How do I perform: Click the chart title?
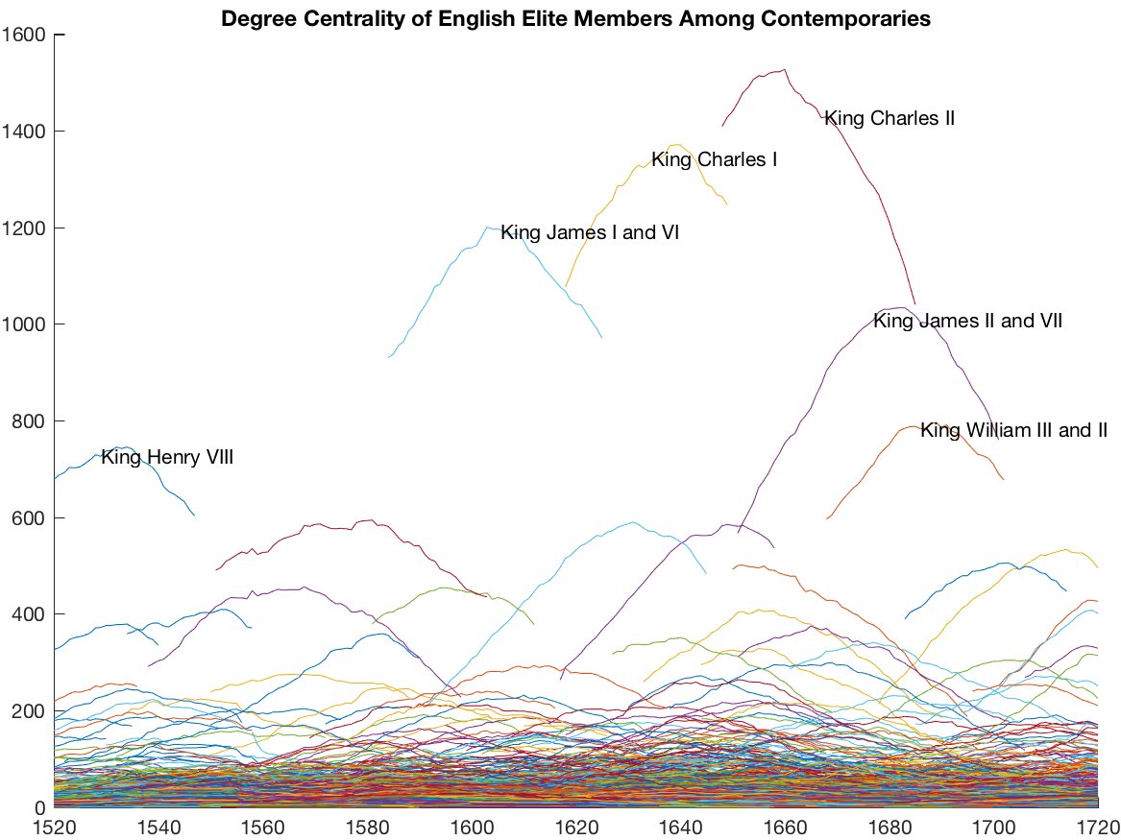point(575,18)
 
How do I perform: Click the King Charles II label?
point(889,119)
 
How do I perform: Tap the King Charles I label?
point(715,159)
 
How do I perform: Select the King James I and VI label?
point(590,232)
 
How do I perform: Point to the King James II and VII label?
point(967,322)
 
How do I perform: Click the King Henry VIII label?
point(167,459)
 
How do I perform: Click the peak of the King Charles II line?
point(785,69)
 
